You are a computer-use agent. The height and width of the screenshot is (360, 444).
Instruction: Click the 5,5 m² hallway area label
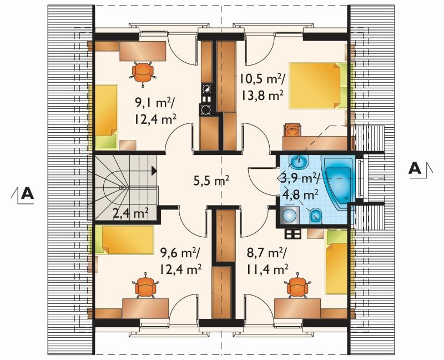211,180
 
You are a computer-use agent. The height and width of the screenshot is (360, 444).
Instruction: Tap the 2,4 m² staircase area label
130,213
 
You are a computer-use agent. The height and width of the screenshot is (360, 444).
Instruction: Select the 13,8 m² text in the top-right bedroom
263,96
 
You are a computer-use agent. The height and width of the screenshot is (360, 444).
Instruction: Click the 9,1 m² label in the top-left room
155,103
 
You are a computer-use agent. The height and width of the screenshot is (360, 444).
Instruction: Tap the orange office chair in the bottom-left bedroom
145,286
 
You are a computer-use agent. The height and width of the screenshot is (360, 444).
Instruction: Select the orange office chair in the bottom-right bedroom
297,286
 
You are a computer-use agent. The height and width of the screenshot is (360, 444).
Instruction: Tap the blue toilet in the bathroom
315,216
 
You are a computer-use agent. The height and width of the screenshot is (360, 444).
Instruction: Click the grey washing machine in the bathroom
290,216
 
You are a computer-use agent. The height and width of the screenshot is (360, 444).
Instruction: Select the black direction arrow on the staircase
154,171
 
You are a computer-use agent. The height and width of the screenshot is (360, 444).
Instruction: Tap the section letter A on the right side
415,169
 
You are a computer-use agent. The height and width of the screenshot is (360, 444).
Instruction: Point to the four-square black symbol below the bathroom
292,234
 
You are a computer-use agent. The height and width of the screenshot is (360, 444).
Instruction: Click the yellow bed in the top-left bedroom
104,117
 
